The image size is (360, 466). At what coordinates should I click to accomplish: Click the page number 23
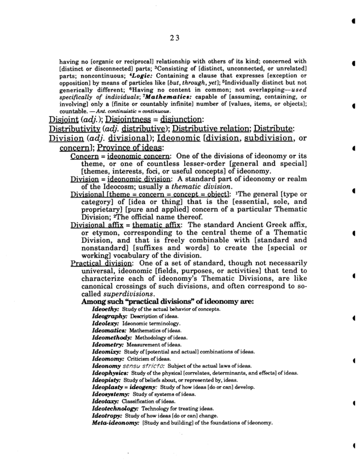(175, 37)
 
